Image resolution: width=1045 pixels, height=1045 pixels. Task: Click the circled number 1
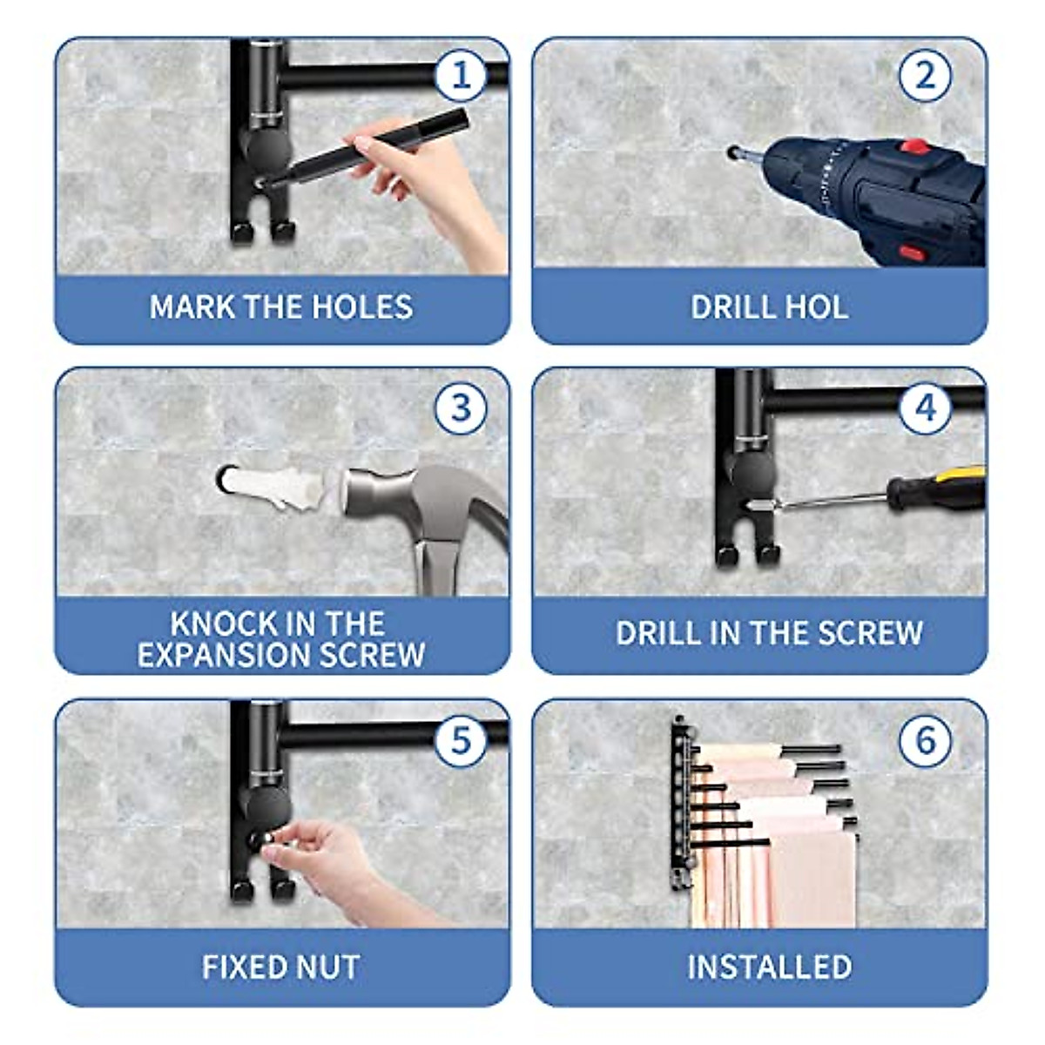coord(461,75)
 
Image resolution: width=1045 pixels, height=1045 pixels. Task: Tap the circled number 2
coord(925,75)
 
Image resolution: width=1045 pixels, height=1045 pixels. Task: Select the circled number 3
coord(461,408)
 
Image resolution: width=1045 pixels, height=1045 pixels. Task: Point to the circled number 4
coord(925,408)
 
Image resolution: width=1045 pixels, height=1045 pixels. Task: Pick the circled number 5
coord(461,739)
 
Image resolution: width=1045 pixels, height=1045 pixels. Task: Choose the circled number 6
coord(925,739)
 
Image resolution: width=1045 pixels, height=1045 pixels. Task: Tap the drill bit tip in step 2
coord(733,152)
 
